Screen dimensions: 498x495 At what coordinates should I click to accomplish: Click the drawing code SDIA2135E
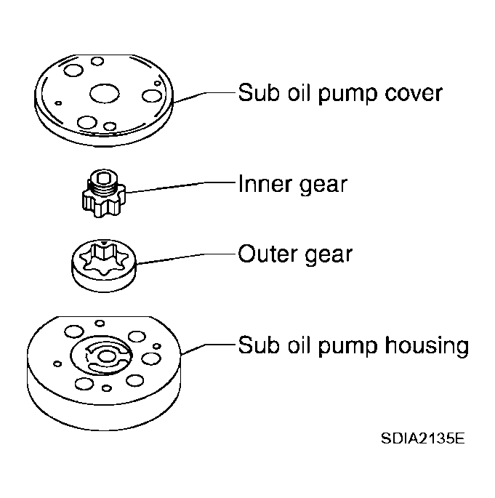coord(422,439)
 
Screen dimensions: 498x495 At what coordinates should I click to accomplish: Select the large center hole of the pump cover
coord(103,93)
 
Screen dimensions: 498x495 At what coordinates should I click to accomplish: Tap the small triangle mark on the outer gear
coord(105,244)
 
